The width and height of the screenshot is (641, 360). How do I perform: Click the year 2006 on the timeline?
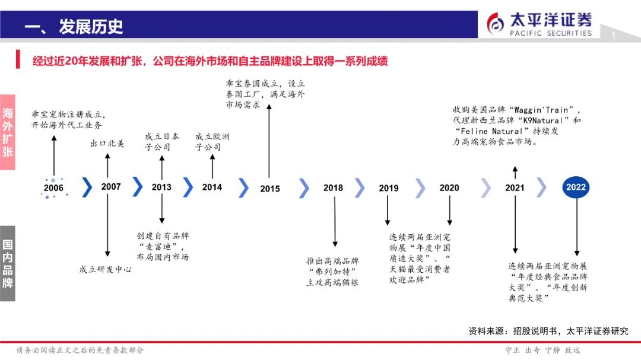coord(53,188)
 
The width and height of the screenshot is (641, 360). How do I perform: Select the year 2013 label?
coord(161,187)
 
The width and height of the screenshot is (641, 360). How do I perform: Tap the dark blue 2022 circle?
coord(576,187)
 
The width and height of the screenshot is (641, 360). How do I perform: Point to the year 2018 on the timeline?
coord(333,188)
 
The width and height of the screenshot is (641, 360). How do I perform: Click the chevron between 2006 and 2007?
coord(87,187)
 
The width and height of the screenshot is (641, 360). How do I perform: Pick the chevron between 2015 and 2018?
coord(304,188)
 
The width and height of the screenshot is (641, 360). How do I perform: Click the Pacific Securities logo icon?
coord(496,23)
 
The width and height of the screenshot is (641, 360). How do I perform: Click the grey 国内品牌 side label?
coord(8,263)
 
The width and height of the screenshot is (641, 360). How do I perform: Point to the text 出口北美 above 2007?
coord(107,144)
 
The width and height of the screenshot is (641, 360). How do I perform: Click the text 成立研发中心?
coord(105,269)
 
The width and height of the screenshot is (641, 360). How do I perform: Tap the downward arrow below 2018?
coord(335,222)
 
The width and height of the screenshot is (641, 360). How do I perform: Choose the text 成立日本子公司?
coord(161,142)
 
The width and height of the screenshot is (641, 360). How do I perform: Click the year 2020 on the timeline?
coord(449,188)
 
